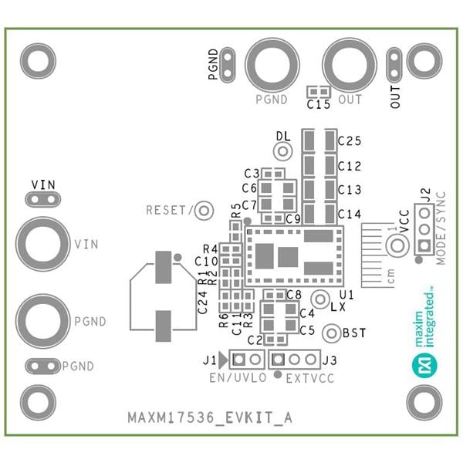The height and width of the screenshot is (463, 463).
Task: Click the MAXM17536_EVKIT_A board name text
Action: (210, 418)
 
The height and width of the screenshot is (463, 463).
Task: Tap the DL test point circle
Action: (283, 150)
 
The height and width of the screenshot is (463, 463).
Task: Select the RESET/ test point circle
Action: (204, 210)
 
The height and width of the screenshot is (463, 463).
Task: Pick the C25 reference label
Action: (350, 140)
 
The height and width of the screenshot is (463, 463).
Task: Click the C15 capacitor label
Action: (318, 104)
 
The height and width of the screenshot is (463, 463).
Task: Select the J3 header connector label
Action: (330, 360)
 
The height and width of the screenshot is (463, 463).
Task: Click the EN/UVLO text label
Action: (238, 378)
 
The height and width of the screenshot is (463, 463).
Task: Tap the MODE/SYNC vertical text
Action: (441, 226)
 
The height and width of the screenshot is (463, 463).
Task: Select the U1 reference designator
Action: (346, 295)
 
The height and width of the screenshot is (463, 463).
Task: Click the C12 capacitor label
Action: (350, 166)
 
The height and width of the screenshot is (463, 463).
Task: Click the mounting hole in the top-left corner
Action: (37, 60)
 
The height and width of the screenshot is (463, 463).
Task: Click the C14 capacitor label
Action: (350, 214)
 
